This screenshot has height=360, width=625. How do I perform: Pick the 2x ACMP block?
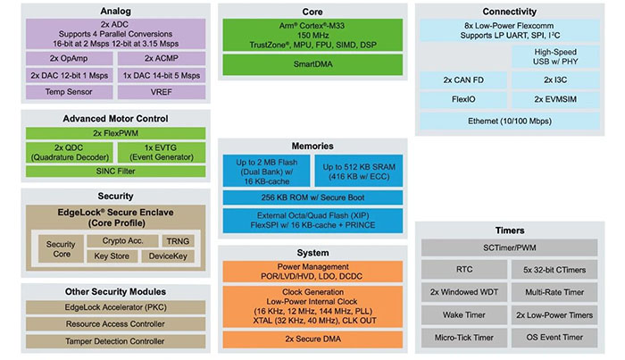[162, 57]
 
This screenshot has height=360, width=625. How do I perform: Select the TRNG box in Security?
[176, 241]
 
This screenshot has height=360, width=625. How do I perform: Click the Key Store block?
[112, 257]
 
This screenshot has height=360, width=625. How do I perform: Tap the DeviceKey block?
[169, 257]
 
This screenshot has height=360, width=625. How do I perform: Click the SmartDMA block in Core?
[312, 64]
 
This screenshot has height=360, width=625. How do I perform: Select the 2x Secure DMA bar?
[312, 339]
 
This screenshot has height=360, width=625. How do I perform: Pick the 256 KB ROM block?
[312, 197]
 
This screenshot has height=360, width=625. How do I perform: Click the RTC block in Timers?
[466, 266]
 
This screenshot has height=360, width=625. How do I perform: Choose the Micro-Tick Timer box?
[466, 338]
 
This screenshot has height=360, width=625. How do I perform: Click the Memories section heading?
[312, 146]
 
